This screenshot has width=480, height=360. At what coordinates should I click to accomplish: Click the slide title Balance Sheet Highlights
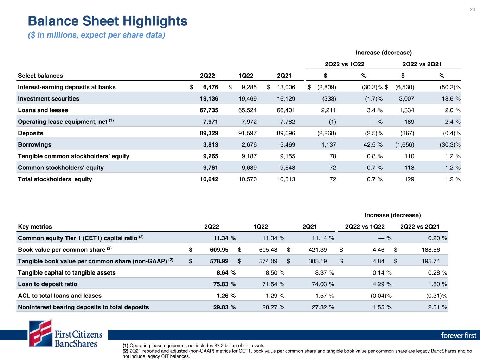click(x=108, y=21)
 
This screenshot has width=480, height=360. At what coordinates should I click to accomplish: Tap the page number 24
click(x=472, y=9)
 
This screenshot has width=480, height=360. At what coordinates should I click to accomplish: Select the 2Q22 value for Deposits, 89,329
click(x=209, y=133)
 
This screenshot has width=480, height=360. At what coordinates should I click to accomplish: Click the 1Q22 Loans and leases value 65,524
click(x=247, y=110)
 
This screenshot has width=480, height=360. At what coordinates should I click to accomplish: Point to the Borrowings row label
click(x=34, y=145)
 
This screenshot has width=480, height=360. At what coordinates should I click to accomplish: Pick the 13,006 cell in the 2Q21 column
click(x=286, y=87)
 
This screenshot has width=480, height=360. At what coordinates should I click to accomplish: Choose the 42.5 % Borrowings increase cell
click(x=373, y=145)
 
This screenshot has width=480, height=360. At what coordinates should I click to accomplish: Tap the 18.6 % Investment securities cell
click(x=451, y=99)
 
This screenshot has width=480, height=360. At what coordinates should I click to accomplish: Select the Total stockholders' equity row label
click(x=55, y=179)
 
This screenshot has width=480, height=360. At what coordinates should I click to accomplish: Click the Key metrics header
click(x=35, y=227)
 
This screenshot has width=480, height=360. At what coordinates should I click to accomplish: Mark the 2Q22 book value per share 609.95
click(x=219, y=250)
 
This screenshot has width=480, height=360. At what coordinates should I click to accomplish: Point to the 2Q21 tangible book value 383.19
click(x=318, y=261)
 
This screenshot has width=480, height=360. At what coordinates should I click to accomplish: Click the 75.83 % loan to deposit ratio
click(x=224, y=284)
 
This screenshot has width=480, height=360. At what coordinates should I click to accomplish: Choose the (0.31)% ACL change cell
click(x=436, y=296)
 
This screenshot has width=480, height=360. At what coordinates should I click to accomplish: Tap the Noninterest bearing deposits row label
click(x=83, y=307)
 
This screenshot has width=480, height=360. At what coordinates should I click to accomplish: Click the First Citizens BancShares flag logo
click(x=41, y=333)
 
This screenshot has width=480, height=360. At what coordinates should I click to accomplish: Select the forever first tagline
click(x=459, y=335)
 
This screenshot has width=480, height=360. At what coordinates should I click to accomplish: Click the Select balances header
click(x=40, y=76)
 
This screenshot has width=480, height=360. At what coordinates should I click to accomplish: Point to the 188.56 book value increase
click(x=430, y=250)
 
